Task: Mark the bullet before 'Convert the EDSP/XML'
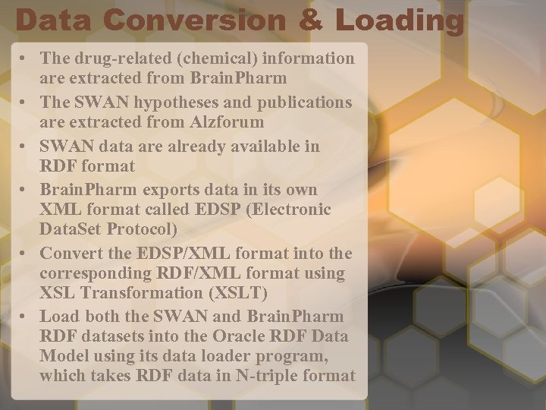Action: (26, 253)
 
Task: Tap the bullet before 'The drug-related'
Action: (26, 58)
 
